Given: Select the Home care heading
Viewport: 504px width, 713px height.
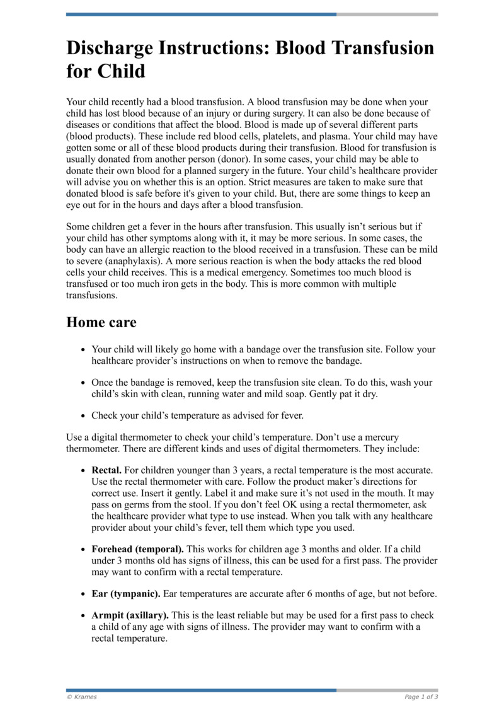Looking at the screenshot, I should pos(101,322).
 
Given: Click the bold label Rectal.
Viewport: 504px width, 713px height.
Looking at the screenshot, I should pos(106,470).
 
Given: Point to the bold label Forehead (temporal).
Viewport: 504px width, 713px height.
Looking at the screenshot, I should pos(138,550).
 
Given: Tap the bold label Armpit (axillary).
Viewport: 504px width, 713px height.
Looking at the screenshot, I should pos(130,615).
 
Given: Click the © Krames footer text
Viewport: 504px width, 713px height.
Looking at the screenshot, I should pos(82,697).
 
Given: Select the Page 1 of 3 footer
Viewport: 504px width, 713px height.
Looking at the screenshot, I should pos(421,697).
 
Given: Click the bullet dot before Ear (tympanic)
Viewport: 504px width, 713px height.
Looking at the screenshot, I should pos(84,594).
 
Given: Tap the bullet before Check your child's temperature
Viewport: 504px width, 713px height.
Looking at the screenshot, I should pos(84,416).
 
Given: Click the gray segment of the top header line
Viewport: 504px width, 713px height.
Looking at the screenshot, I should pos(387,14).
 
